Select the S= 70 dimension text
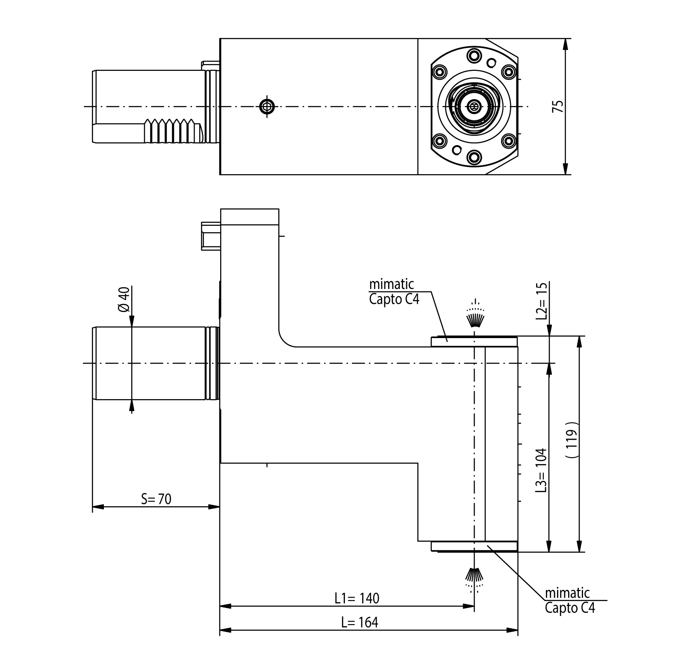point(156,499)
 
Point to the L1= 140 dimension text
point(357,598)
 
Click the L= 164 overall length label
point(360,622)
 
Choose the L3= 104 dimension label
point(542,470)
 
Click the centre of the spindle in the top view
point(474,106)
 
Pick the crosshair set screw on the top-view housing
point(267,106)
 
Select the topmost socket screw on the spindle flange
point(474,55)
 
